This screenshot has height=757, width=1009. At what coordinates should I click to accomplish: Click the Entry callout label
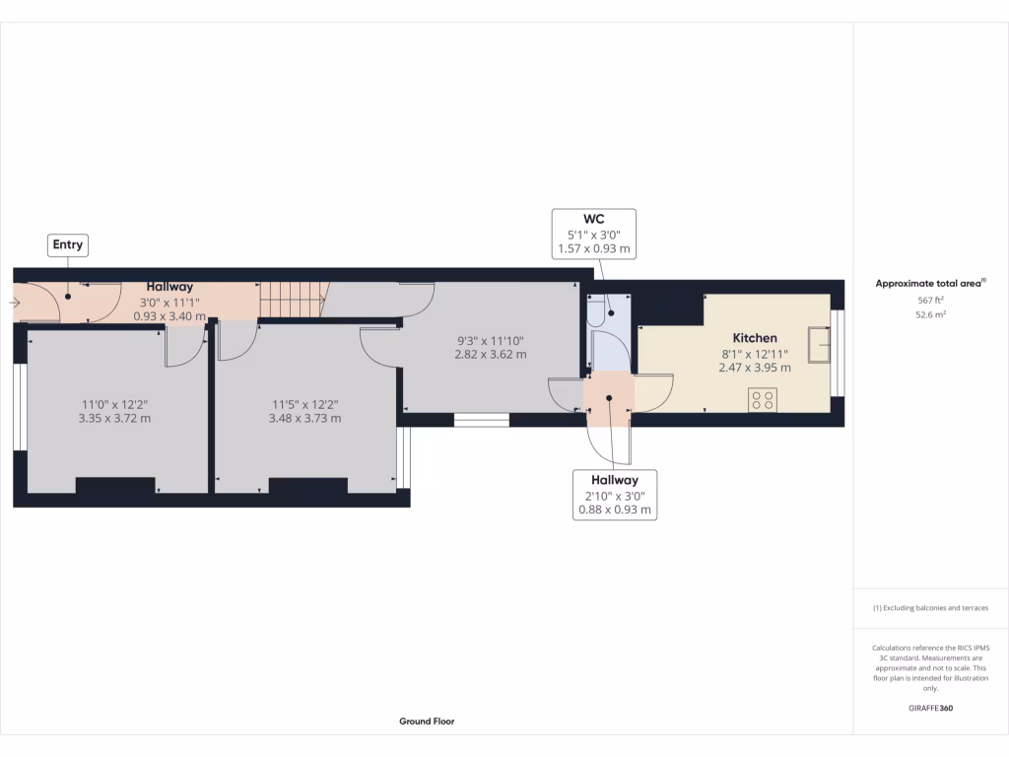67,244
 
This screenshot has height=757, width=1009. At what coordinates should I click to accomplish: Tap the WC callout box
593,234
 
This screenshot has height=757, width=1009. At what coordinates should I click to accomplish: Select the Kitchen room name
754,337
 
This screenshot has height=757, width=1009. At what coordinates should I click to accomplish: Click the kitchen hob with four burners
763,399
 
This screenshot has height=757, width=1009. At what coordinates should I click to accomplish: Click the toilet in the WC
598,312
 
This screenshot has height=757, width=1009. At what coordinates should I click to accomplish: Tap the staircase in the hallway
291,300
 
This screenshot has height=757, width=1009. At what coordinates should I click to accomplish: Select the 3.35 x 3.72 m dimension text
115,418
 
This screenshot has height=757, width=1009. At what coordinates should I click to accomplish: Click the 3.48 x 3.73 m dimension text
304,418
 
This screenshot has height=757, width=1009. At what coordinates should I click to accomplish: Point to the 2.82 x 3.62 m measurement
490,354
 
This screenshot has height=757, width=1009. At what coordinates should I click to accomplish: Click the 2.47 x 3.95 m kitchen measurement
754,366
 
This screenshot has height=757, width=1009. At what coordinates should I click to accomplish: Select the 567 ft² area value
930,302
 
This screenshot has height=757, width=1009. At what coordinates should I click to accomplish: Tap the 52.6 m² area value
930,315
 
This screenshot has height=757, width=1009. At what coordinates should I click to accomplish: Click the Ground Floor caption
427,722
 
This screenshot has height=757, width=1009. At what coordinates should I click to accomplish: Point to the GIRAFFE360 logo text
931,708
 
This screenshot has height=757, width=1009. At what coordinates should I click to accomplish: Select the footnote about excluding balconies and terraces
930,608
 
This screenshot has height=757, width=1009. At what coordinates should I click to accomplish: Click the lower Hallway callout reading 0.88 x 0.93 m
615,494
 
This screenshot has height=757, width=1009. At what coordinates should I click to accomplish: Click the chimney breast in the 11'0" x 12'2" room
115,485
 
